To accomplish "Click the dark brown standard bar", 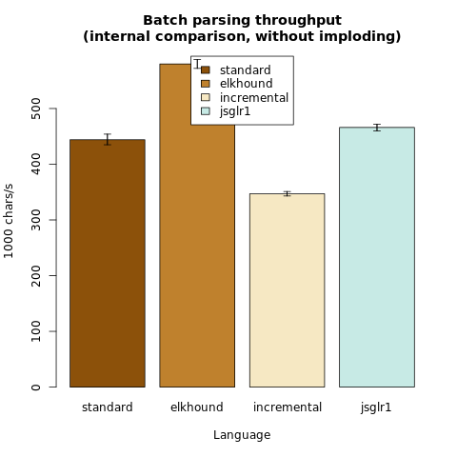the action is (x=108, y=263).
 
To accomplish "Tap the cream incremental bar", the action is (x=288, y=290).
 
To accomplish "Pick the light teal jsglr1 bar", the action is (x=377, y=257).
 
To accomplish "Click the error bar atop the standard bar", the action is (x=108, y=139).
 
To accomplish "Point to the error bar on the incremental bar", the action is (x=288, y=193).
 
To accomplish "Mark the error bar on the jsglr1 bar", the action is (x=377, y=128).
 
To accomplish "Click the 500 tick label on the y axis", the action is (x=36, y=109).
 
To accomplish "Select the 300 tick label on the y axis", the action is (x=36, y=220).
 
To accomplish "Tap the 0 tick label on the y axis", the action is (x=36, y=387).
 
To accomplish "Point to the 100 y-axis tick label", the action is (x=36, y=331).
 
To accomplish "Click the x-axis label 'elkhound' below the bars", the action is (x=197, y=407).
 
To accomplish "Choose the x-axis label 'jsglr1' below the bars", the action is (x=376, y=407).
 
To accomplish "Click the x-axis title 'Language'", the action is (x=242, y=435).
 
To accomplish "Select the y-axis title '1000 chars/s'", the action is (x=9, y=221).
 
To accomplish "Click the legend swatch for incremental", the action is (x=206, y=97).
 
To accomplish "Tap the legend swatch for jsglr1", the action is (x=206, y=111).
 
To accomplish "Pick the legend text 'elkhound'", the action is (x=247, y=84).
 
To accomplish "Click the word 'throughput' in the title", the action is (x=298, y=21).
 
